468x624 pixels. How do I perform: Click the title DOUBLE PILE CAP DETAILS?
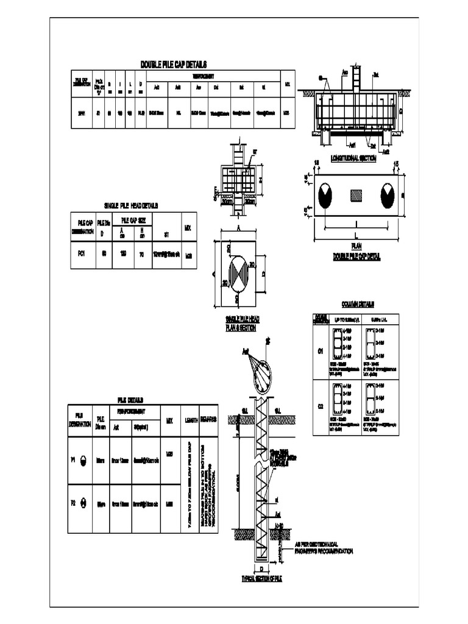[174, 65]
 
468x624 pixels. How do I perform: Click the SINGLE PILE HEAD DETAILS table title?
[132, 206]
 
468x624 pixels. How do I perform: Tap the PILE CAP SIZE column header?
[132, 219]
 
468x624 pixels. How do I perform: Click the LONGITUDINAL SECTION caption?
[353, 158]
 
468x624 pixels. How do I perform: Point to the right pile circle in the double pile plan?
[388, 196]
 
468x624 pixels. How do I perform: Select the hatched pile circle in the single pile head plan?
[239, 271]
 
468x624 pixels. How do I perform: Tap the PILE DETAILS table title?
[130, 400]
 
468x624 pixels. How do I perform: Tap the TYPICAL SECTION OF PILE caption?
[262, 578]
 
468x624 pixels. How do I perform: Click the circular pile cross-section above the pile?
[263, 371]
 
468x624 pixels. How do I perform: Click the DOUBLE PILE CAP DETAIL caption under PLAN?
[356, 257]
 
